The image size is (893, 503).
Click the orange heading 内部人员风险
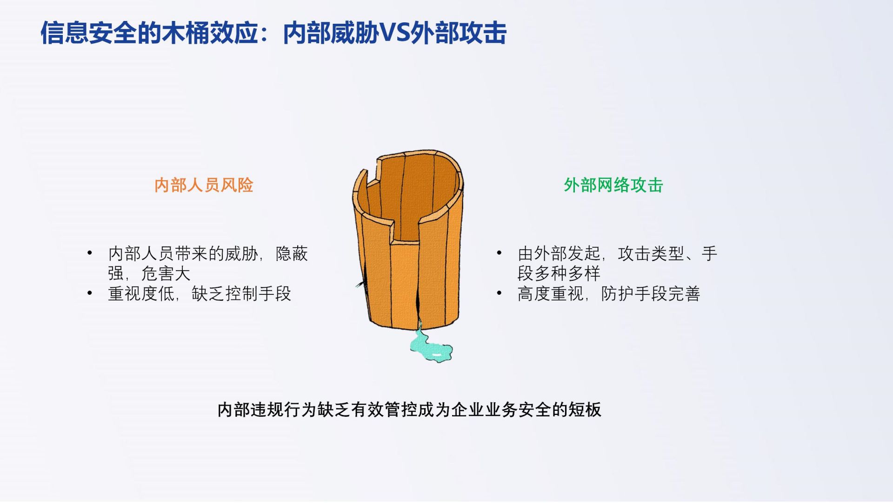[204, 185]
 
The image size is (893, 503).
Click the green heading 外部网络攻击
[613, 185]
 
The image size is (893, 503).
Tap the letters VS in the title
[395, 33]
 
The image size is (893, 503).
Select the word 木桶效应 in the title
[211, 33]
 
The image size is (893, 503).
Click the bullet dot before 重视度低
[90, 293]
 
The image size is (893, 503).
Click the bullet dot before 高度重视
[499, 293]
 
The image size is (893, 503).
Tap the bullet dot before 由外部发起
[499, 253]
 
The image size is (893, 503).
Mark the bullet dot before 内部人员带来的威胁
[90, 253]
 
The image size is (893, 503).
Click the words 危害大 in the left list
[166, 273]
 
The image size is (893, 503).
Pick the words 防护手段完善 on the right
[651, 293]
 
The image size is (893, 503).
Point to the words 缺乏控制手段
[241, 293]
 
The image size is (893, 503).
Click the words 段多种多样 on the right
[559, 273]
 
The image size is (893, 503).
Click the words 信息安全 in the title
[88, 33]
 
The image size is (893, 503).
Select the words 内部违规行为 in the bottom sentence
[267, 409]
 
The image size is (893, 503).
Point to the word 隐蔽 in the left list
[292, 253]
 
